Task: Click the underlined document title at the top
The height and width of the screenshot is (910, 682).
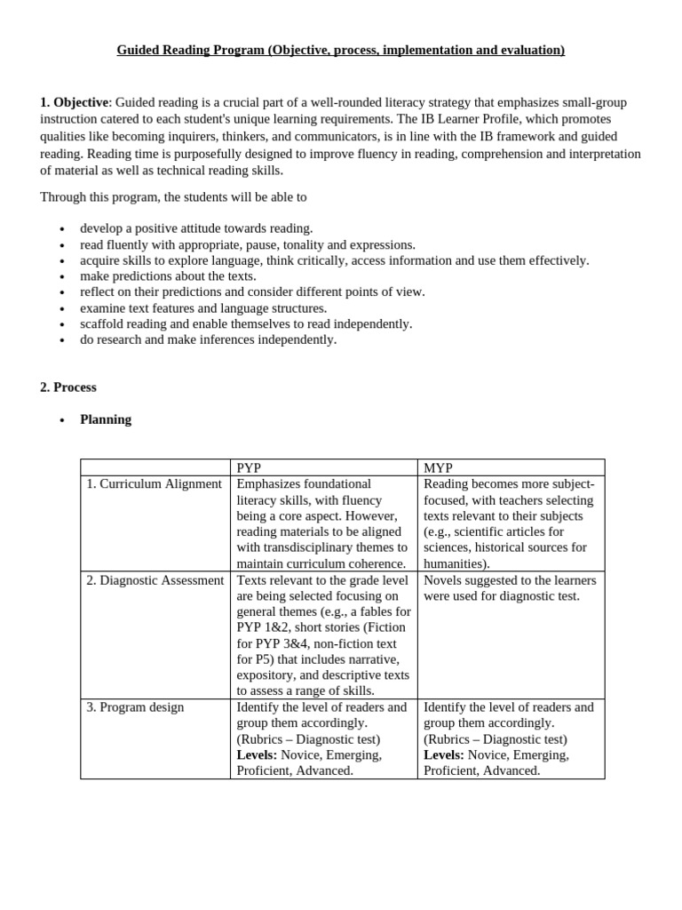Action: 340,51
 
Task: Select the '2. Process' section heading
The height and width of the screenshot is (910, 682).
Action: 68,387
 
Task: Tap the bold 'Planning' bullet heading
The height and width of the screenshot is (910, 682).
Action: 106,419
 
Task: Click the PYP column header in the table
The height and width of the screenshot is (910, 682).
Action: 249,468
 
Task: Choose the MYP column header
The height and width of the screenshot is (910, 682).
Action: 439,468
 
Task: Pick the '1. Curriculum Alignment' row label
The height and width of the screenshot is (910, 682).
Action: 154,484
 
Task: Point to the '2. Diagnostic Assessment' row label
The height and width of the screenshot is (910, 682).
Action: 155,580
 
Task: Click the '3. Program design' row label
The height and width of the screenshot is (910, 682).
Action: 135,707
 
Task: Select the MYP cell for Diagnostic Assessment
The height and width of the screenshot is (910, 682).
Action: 510,588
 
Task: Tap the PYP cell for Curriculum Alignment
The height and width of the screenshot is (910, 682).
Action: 322,523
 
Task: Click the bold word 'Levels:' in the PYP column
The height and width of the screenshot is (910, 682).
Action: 257,754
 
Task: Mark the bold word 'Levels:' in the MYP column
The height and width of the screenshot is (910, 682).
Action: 444,754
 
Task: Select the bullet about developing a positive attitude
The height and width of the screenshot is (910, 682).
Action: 196,228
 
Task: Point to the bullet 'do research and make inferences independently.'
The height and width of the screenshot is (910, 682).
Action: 208,339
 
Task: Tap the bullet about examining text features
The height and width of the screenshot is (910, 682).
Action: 203,308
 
